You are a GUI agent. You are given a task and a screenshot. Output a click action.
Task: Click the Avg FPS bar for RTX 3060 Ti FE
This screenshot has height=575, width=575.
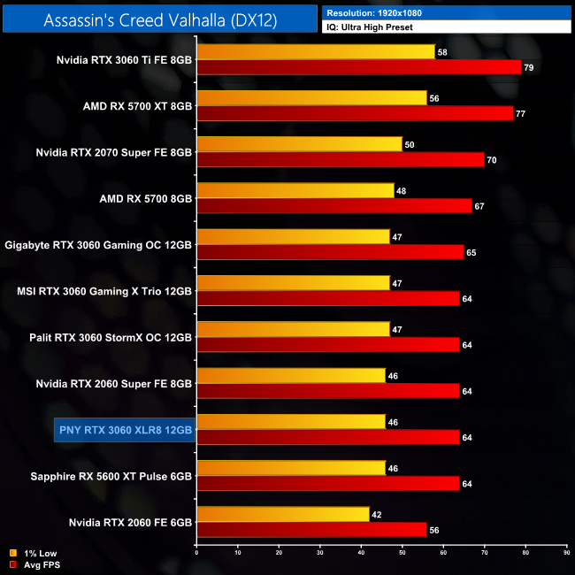[358, 67]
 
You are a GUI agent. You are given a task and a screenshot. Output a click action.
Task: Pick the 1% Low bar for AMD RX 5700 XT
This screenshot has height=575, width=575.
[311, 98]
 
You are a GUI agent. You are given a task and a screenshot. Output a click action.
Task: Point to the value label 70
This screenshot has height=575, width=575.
[493, 160]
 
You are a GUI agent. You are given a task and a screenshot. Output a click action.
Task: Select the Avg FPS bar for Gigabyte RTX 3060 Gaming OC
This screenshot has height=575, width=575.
[330, 252]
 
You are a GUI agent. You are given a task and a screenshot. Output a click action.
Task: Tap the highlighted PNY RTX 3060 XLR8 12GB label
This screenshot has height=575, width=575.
[124, 429]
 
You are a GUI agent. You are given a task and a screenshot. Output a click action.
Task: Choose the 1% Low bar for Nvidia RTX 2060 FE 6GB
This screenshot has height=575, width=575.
[282, 514]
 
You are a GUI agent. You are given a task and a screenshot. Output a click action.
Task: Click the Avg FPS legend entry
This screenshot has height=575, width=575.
[35, 563]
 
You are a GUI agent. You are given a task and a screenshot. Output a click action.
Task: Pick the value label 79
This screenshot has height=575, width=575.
[530, 68]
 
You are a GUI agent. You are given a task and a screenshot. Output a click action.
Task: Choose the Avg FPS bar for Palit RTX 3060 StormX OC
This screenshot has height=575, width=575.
[328, 344]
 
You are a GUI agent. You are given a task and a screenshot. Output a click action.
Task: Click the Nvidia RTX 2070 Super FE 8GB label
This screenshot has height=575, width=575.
[114, 151]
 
